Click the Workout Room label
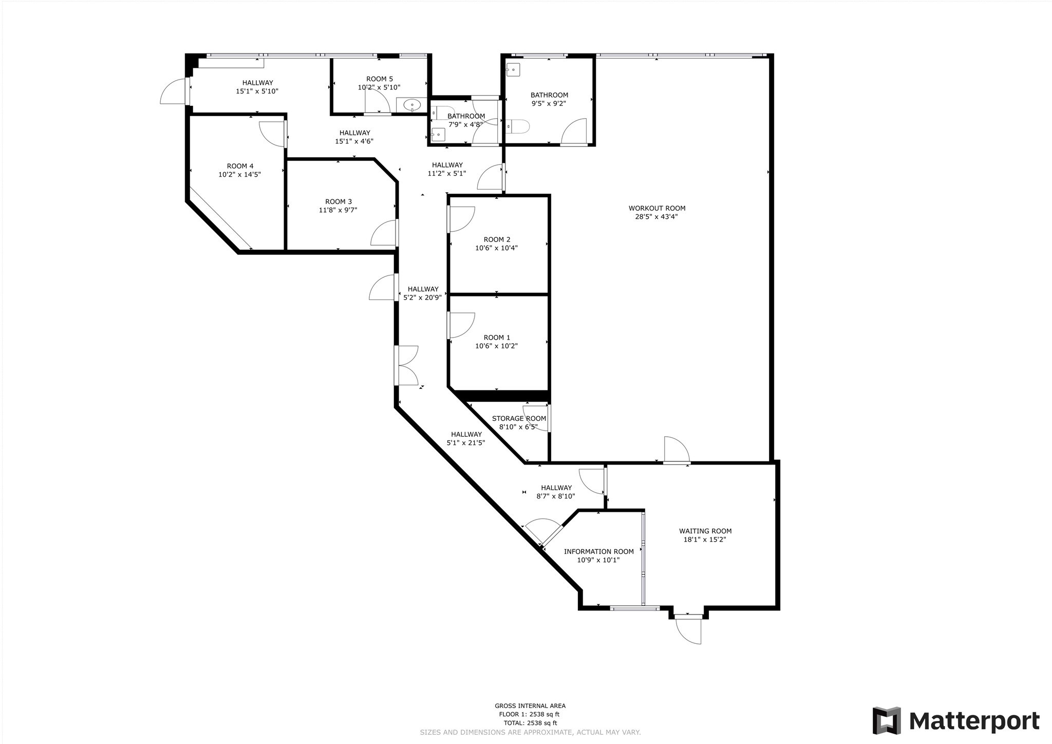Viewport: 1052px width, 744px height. point(657,208)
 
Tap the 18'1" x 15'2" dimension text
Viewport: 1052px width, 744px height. point(704,540)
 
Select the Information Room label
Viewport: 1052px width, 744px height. point(598,551)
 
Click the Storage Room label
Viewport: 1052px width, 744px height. point(519,418)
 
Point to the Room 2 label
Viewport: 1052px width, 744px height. point(497,239)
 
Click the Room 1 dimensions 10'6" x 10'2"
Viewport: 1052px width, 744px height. point(496,346)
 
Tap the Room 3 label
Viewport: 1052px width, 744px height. point(339,201)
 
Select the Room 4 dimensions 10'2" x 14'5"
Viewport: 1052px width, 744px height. point(239,174)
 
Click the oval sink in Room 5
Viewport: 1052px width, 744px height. point(412,106)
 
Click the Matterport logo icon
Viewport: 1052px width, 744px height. point(887,720)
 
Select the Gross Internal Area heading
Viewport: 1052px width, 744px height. point(530,706)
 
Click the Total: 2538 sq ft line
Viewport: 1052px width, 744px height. point(530,722)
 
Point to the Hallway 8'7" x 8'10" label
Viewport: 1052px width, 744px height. point(556,492)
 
